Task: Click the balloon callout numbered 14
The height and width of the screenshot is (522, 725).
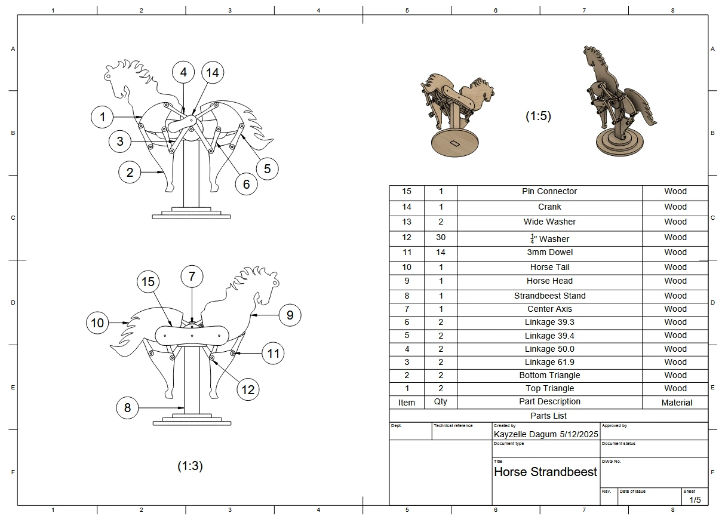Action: [x=212, y=72]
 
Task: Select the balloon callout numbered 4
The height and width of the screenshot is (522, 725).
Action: [x=183, y=72]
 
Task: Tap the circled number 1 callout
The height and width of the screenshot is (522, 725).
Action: [x=103, y=117]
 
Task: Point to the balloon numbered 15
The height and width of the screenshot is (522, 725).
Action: [x=149, y=282]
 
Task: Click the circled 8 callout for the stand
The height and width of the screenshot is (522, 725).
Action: [x=127, y=408]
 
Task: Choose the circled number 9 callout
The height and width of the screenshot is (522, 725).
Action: [x=290, y=315]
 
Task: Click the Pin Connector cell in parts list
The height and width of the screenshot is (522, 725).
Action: [x=549, y=192]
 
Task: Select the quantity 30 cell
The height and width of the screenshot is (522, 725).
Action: [x=441, y=237]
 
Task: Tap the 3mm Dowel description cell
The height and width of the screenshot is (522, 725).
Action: [x=549, y=253]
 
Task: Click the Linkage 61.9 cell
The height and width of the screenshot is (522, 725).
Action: [x=549, y=362]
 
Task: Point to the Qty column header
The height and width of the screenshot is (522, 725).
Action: [x=441, y=402]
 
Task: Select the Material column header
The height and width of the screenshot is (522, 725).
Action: [x=676, y=403]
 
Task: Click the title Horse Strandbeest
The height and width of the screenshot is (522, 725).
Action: [x=545, y=472]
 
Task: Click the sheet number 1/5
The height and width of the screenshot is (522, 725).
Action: [x=695, y=499]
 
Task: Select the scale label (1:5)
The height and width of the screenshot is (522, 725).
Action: [x=538, y=116]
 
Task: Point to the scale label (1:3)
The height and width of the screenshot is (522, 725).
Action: [x=190, y=466]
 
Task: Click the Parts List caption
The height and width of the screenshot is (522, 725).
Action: [x=548, y=416]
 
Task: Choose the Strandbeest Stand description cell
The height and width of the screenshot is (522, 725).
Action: [x=549, y=296]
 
